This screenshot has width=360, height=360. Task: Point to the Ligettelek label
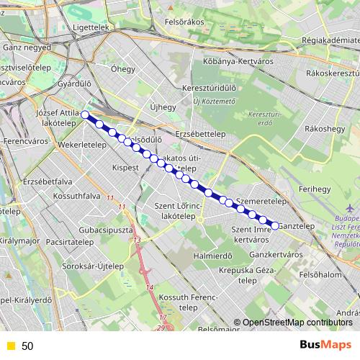[91, 27]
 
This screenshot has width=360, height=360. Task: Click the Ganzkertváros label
[275, 255]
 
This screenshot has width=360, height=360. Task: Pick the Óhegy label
[122, 71]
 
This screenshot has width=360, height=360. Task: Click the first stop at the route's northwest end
[85, 114]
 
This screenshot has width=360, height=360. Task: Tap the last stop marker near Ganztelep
[274, 225]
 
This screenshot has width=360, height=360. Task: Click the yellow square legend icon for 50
[10, 346]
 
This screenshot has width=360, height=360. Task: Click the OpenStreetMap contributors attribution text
[297, 323]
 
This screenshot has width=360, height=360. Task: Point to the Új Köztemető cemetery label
[214, 101]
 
